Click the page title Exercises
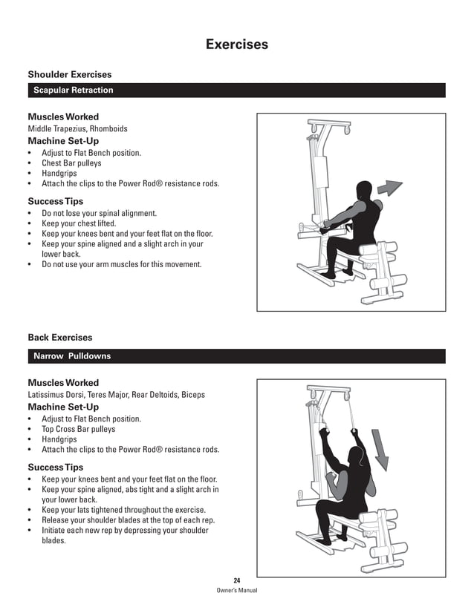[x=236, y=45]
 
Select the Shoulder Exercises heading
[x=70, y=74]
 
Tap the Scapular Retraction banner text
[x=74, y=91]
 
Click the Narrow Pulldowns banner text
[x=72, y=356]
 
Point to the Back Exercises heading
[x=60, y=338]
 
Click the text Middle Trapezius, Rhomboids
[x=77, y=128]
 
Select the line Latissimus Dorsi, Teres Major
[x=116, y=395]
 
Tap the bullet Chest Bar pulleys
[x=71, y=163]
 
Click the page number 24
[x=236, y=580]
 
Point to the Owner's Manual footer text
[x=236, y=591]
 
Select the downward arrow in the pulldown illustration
[x=380, y=450]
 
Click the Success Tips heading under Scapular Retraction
[x=56, y=201]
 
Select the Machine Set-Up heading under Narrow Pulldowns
[x=63, y=407]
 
